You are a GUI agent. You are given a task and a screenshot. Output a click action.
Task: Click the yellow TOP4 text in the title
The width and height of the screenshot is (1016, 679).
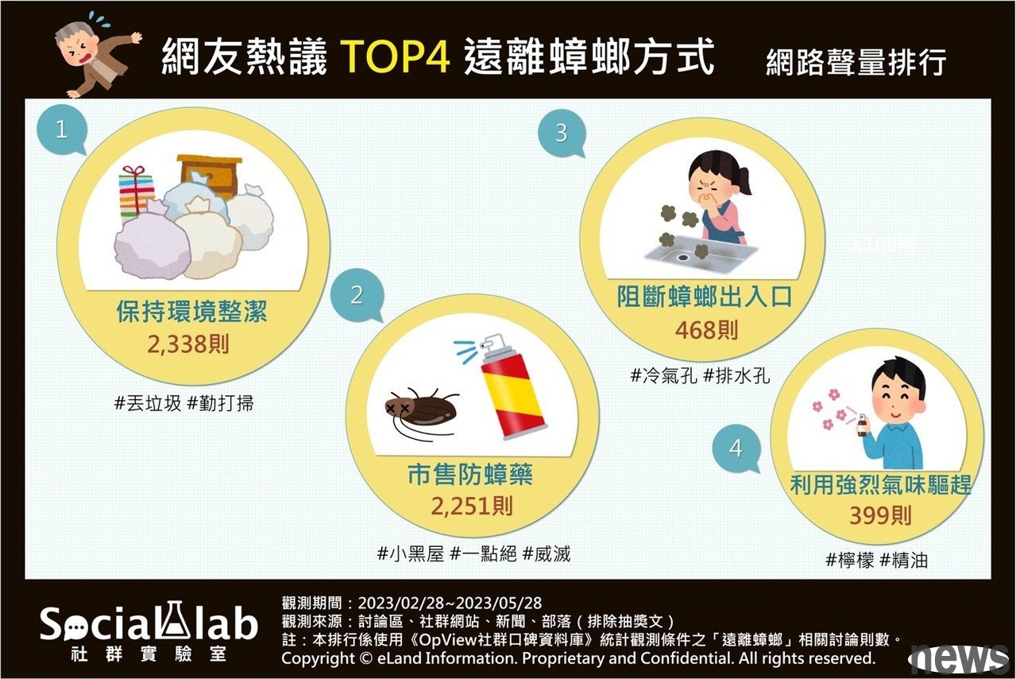tap(396, 56)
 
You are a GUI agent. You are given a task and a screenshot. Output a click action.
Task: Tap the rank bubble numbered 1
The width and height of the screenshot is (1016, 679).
tap(62, 130)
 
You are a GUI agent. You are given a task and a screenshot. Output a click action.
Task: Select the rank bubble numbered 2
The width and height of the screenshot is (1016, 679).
tap(357, 295)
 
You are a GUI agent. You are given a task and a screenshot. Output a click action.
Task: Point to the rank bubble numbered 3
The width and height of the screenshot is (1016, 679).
tap(562, 133)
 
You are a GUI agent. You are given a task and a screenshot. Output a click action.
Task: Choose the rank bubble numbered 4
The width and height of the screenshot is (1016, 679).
tap(736, 448)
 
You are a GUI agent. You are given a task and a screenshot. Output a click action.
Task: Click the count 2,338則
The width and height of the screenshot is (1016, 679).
tap(188, 344)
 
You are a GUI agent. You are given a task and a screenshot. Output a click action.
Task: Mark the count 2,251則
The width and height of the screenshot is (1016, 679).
tap(472, 506)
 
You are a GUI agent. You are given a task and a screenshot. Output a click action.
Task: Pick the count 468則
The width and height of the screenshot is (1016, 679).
tap(707, 330)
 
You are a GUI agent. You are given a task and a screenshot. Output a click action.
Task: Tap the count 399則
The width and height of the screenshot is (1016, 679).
tap(880, 515)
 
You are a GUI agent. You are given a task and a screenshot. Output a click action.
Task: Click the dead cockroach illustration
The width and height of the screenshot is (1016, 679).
tap(419, 411)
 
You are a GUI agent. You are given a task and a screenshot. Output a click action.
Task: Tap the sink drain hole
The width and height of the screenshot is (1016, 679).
tap(682, 257)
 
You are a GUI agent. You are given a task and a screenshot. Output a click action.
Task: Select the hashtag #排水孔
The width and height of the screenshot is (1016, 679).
tap(736, 376)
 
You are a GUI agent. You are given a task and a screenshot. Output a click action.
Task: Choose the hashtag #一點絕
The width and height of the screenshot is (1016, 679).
tap(483, 553)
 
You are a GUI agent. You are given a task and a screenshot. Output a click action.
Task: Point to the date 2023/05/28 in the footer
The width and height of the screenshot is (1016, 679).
tap(499, 603)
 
